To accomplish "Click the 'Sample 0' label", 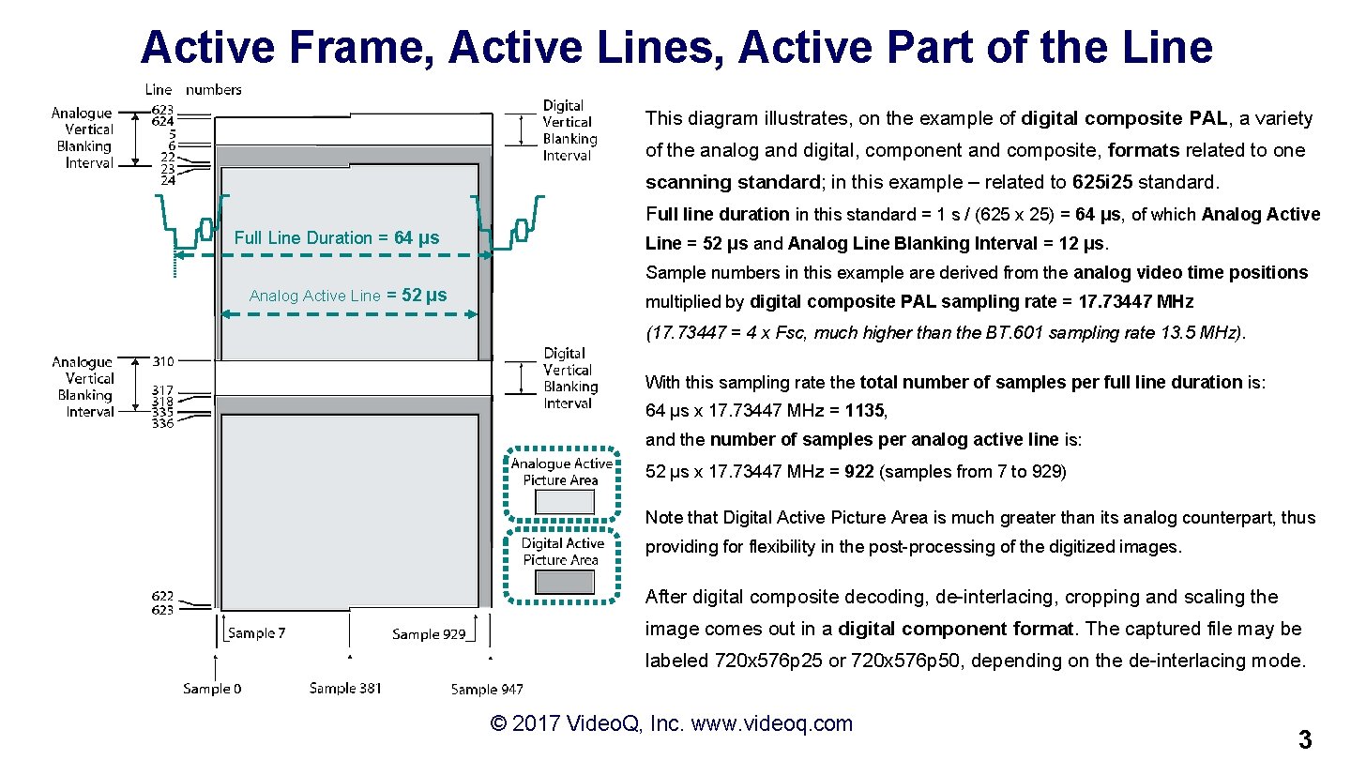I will (x=212, y=689).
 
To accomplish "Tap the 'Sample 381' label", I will (x=345, y=689).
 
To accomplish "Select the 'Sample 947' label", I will (x=487, y=690).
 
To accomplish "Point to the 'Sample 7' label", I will (x=257, y=633).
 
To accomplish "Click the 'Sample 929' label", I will (x=429, y=634).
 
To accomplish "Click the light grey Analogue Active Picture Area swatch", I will (x=564, y=502).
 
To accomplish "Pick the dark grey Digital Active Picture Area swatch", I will (x=564, y=583).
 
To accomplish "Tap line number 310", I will (x=162, y=361).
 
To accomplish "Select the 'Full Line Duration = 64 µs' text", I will (x=337, y=237).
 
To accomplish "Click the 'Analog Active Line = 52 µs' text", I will (x=348, y=296).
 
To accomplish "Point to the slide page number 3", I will (x=1304, y=739).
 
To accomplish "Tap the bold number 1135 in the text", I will (x=864, y=410).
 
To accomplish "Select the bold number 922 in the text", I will (x=859, y=471).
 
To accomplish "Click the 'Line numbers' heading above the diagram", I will (x=192, y=90).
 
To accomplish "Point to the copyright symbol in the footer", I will (x=499, y=723).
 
